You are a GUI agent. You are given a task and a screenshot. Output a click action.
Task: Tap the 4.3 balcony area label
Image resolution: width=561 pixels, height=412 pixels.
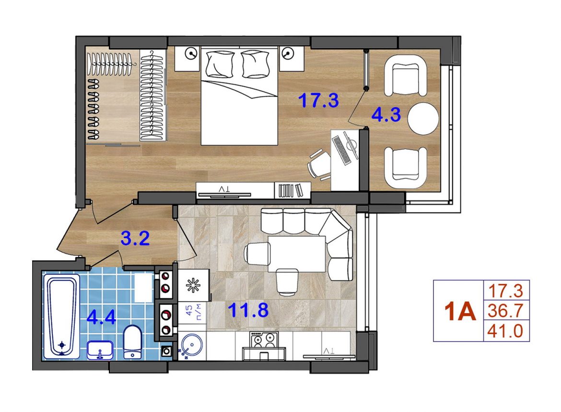[x=386, y=115]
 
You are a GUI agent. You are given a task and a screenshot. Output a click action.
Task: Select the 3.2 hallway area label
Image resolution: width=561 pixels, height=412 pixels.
[x=135, y=238]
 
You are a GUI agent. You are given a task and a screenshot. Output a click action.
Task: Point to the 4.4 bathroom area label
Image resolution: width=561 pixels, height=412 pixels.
[x=102, y=317]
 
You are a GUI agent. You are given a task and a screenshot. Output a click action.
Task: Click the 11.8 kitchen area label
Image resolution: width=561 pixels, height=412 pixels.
[x=248, y=310]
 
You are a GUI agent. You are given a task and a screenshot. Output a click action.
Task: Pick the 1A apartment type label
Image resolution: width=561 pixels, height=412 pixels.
[x=460, y=311]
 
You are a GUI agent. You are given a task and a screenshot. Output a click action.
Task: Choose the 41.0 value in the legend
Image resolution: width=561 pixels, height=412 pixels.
[x=505, y=331]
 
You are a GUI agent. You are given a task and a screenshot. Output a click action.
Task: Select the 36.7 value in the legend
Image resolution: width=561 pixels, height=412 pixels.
[x=505, y=311]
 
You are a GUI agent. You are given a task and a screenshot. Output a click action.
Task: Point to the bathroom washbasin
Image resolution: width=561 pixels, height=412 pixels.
[x=101, y=350]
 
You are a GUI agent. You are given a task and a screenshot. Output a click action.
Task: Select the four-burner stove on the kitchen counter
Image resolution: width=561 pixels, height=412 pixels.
[x=265, y=339]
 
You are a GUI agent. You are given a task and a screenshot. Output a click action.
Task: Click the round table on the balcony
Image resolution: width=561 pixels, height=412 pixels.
[x=423, y=119]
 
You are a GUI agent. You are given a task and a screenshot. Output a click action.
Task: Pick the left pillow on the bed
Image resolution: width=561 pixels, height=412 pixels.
[x=220, y=64]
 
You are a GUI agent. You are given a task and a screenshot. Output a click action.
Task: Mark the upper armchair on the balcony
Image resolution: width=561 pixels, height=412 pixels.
[x=406, y=75]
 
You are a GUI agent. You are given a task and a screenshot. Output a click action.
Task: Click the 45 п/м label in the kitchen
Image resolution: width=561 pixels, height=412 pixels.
[x=194, y=311]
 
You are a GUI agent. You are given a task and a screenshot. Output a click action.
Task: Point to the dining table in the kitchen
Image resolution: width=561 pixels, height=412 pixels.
[x=297, y=253]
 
